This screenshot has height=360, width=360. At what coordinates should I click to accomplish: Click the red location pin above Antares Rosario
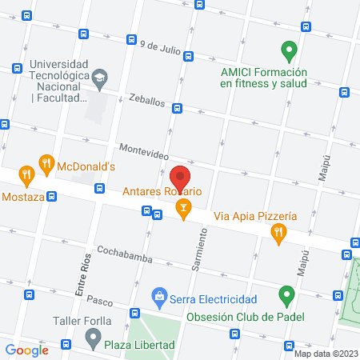[180, 177]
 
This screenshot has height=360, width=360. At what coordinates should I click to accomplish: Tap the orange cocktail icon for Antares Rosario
[184, 210]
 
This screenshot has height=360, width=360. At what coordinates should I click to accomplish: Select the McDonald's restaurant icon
[47, 166]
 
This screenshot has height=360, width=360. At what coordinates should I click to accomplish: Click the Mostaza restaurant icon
[26, 174]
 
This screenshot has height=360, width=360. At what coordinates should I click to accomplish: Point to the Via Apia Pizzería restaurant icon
[278, 233]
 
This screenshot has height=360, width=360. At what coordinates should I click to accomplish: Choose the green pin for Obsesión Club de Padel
[286, 298]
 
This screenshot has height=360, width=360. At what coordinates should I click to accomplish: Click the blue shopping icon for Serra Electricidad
[160, 298]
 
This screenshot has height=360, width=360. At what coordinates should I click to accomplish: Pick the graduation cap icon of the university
[98, 78]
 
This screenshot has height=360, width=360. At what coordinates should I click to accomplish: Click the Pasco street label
[100, 302]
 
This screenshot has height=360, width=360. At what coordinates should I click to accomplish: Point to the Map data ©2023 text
[326, 354]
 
